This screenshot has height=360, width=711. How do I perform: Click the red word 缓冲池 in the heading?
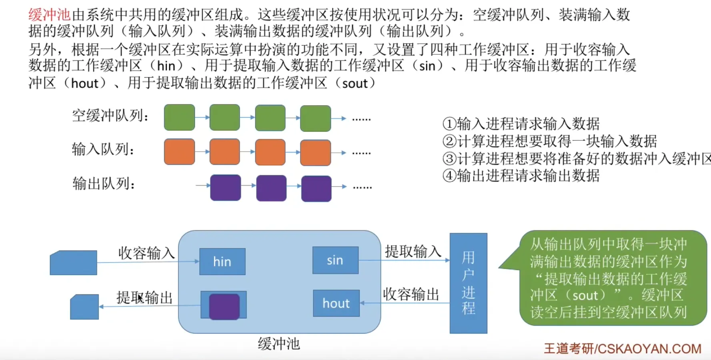click(49, 15)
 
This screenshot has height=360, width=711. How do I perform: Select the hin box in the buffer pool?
click(222, 262)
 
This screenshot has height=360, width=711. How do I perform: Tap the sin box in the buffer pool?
click(335, 260)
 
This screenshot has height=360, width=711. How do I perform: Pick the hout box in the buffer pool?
click(336, 303)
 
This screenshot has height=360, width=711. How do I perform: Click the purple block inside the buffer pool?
click(224, 306)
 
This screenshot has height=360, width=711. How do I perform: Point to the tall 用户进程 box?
click(468, 283)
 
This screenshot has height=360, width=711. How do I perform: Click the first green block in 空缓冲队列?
click(179, 117)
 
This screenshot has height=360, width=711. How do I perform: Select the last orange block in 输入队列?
click(315, 152)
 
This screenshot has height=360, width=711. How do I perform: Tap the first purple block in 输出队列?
click(225, 187)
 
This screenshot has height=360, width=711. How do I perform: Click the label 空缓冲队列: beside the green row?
click(110, 116)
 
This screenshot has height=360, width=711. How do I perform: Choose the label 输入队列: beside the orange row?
click(103, 149)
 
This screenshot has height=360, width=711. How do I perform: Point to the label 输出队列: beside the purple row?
click(104, 184)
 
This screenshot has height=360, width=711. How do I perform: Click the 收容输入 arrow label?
click(146, 253)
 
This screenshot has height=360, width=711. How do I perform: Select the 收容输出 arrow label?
click(411, 294)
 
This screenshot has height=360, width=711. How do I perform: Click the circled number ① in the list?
click(449, 124)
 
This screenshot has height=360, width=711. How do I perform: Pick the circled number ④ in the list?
click(449, 176)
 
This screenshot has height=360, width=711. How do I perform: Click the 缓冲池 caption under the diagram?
click(279, 344)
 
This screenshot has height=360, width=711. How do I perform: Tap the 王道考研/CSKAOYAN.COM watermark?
click(622, 348)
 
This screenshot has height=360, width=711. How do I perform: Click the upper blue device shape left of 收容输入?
click(73, 262)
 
